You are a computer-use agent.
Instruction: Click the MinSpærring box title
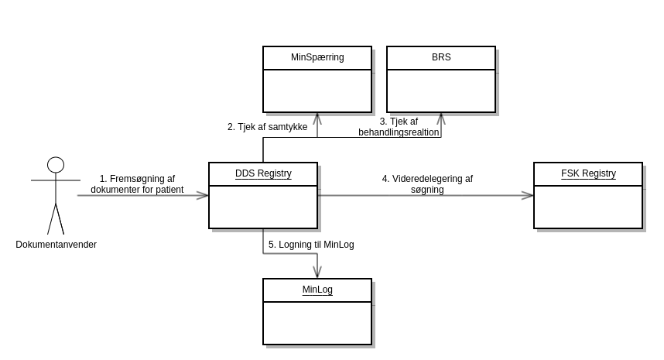[317, 57]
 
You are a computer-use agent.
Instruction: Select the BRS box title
[441, 57]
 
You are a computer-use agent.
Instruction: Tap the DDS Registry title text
[263, 173]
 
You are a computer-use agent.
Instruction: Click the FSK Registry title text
[588, 173]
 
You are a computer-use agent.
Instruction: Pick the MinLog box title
[317, 290]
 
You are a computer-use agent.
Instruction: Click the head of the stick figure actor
[56, 164]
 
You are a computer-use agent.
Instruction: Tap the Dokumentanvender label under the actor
[56, 245]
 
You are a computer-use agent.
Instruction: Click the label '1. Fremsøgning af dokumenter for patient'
[137, 184]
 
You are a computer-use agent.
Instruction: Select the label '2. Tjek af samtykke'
[267, 127]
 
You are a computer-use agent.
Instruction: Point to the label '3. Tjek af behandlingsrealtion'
[399, 127]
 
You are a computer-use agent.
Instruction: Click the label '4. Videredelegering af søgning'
[427, 184]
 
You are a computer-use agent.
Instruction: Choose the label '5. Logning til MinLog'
[311, 245]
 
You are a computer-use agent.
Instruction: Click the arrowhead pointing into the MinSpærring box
[317, 118]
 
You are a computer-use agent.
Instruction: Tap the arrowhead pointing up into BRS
[441, 118]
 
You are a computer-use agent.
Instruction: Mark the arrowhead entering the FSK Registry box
[528, 196]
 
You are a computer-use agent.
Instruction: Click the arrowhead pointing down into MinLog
[317, 273]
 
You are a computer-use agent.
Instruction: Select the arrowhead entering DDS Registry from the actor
[203, 196]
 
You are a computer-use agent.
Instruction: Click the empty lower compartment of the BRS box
[441, 91]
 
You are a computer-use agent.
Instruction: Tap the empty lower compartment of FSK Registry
[588, 207]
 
